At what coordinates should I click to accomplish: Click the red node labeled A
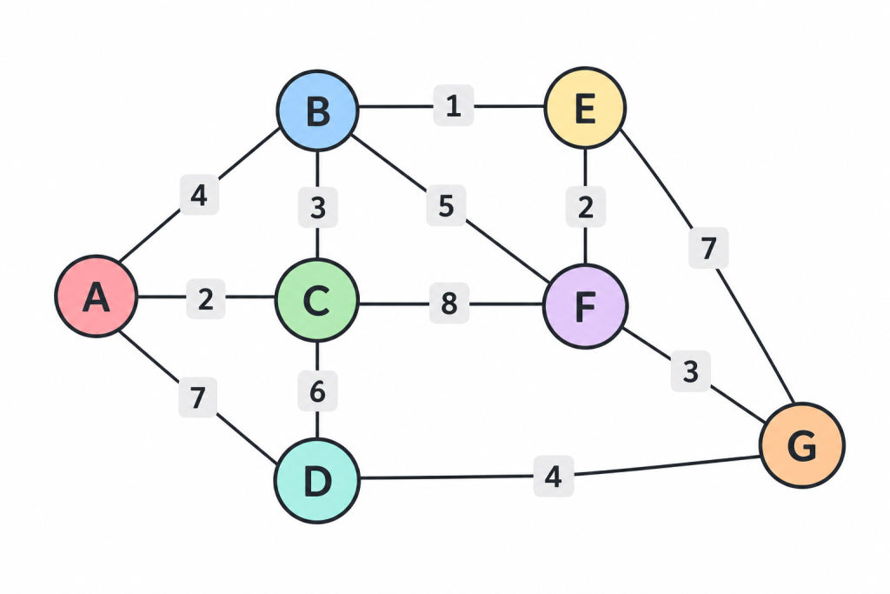coord(96,297)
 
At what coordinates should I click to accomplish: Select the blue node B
coord(318,110)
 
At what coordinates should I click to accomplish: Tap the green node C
coord(316,300)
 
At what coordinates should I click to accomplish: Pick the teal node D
coord(317,481)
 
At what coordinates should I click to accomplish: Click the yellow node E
coord(585,108)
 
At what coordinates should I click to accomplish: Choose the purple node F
coord(585,306)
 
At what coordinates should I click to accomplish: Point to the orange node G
coord(802,445)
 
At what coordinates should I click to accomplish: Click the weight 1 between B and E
coord(454,105)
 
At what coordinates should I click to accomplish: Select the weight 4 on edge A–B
coord(199,195)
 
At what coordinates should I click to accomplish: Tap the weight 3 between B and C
coord(318,208)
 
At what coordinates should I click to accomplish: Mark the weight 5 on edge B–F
coord(446,205)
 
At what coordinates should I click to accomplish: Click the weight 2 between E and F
coord(586,207)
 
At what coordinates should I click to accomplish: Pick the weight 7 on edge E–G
coord(708,248)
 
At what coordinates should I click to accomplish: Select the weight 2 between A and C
coord(205,298)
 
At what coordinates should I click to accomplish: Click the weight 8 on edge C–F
coord(449,304)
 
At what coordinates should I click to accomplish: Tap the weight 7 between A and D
coord(197,397)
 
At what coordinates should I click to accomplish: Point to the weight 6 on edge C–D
coord(318,391)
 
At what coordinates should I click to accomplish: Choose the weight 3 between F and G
coord(690,371)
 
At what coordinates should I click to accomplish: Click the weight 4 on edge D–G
coord(554,476)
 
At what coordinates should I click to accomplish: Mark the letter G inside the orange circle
coord(802,446)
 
